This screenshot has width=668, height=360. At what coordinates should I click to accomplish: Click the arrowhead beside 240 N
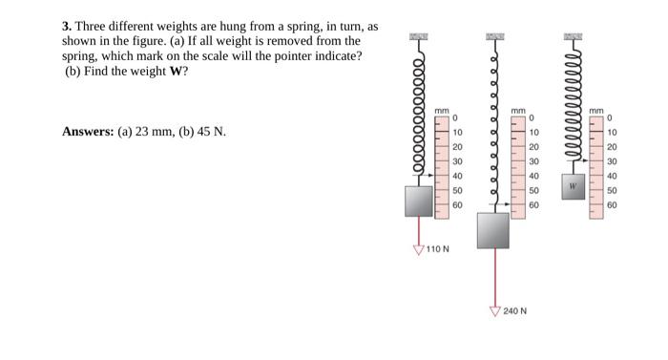pyautogui.click(x=494, y=310)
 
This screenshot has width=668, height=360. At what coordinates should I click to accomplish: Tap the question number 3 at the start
pyautogui.click(x=66, y=27)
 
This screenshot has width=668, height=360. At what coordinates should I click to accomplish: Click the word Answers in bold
pyautogui.click(x=87, y=131)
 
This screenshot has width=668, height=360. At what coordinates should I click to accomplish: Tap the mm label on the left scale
pyautogui.click(x=442, y=112)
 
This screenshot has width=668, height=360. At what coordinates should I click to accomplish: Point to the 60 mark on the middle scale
pyautogui.click(x=534, y=204)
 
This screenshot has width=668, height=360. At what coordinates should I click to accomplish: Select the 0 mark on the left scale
pyautogui.click(x=456, y=117)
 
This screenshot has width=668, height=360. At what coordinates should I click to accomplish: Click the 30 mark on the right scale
pyautogui.click(x=612, y=161)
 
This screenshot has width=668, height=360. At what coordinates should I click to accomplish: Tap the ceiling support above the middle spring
pyautogui.click(x=494, y=36)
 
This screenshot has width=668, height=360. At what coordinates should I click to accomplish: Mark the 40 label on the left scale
pyautogui.click(x=457, y=176)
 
